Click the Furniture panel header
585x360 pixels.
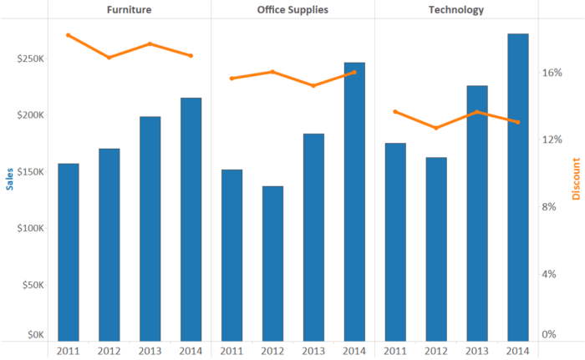click(129, 10)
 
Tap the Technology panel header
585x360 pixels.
click(455, 10)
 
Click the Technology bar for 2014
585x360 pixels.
click(517, 187)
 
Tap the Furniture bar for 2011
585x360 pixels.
click(69, 251)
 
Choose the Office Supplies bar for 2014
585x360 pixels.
click(354, 201)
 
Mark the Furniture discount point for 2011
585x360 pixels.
click(69, 35)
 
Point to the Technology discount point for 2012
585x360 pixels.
click(435, 128)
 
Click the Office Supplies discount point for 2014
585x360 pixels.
click(354, 72)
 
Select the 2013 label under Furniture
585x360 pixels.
click(150, 350)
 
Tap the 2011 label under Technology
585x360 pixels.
click(395, 350)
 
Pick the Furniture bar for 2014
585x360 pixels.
click(191, 219)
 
